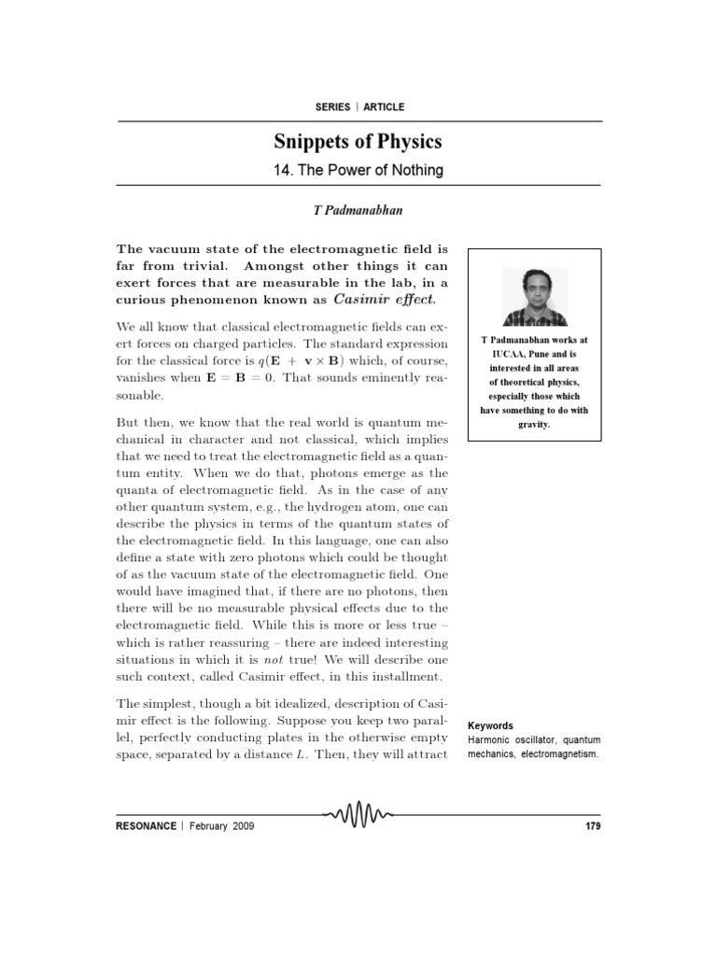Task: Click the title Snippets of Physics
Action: tap(358, 142)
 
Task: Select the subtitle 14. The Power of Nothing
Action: tap(358, 171)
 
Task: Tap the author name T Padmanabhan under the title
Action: tap(358, 211)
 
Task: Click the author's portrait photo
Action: tap(534, 296)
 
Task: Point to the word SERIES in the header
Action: tap(332, 107)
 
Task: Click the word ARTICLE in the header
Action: tap(384, 107)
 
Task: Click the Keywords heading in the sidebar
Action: tap(491, 725)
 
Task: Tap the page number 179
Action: tap(592, 826)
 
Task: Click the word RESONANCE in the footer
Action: tap(145, 826)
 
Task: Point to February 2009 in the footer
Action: tap(221, 826)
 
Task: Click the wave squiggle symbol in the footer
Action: tap(358, 819)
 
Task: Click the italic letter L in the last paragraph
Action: tap(300, 752)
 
